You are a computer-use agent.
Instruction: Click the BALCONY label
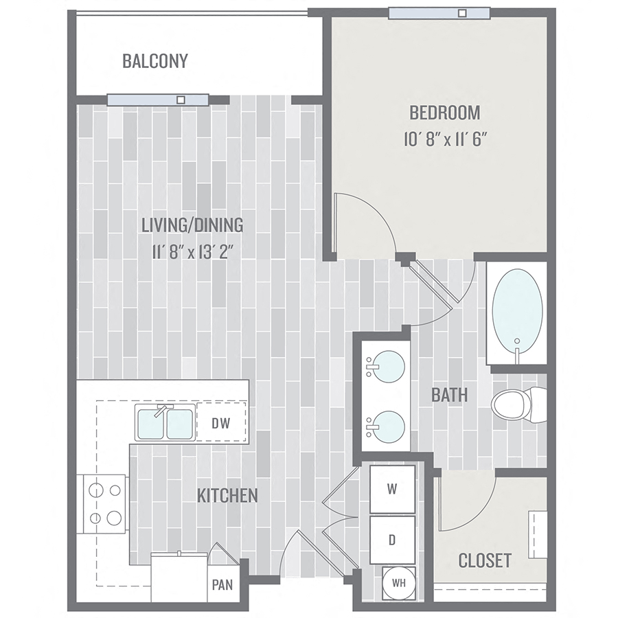click(x=154, y=61)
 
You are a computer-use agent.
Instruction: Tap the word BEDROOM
click(x=444, y=113)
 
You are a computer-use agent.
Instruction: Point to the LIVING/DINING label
click(x=192, y=225)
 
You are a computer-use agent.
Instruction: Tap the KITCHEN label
click(x=227, y=495)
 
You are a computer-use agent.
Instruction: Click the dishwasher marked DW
click(x=221, y=423)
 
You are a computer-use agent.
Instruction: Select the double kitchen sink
click(x=165, y=424)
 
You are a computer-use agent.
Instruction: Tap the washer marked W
click(x=392, y=489)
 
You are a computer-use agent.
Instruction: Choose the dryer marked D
click(x=392, y=540)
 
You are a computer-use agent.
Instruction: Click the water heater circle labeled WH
click(x=398, y=583)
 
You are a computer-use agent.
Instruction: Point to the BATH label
click(x=450, y=395)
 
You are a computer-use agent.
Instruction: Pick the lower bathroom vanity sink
click(x=385, y=426)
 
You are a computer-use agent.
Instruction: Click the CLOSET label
click(x=485, y=560)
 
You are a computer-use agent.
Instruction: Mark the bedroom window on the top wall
click(x=439, y=12)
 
